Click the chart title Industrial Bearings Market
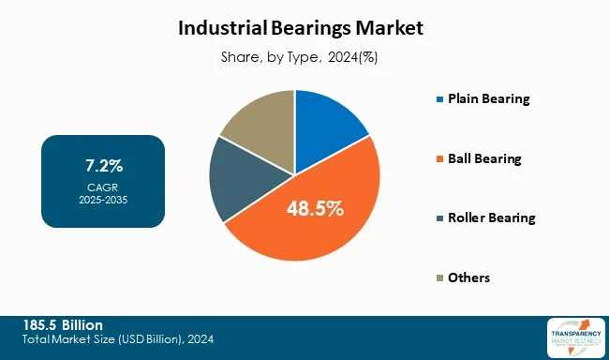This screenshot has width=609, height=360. [301, 28]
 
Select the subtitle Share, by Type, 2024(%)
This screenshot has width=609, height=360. [301, 57]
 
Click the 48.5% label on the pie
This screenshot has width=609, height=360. [315, 208]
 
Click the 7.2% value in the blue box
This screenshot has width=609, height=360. [104, 167]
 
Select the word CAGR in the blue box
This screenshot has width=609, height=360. [104, 186]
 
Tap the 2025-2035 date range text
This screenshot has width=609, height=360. [104, 199]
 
